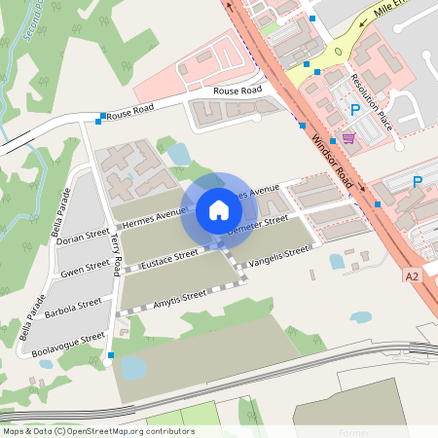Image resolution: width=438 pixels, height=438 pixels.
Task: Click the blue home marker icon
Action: [219, 209]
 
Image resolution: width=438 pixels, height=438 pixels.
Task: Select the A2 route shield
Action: [412, 276]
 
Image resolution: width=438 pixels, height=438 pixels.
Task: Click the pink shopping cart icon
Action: [348, 138]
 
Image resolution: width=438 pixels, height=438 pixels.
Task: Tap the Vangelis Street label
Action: [278, 257]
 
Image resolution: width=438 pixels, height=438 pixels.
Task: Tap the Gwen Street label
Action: [86, 268]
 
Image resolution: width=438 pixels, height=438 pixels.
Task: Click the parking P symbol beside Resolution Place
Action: [355, 110]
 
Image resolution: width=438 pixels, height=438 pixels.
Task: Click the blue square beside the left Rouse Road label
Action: [101, 119]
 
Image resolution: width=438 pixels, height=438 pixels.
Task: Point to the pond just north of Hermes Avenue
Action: [179, 153]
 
